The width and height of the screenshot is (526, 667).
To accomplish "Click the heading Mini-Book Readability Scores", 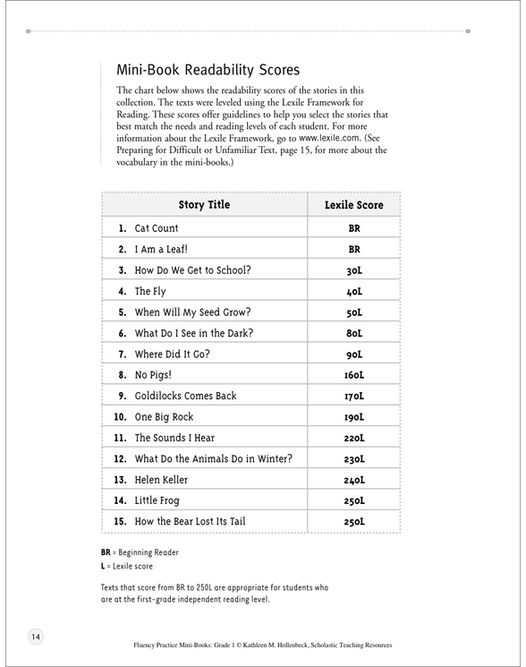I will pyautogui.click(x=208, y=70).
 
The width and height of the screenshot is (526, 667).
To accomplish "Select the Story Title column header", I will pyautogui.click(x=204, y=205).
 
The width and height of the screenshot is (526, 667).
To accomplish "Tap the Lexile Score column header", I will pyautogui.click(x=353, y=205).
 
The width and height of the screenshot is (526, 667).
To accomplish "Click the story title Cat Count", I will pyautogui.click(x=157, y=229).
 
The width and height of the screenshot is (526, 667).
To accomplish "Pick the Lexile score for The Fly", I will pyautogui.click(x=354, y=292).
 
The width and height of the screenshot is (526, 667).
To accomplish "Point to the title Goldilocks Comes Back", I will pyautogui.click(x=185, y=396).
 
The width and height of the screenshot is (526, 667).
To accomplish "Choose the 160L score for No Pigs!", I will pyautogui.click(x=354, y=376).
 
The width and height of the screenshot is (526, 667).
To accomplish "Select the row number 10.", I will pyautogui.click(x=119, y=417).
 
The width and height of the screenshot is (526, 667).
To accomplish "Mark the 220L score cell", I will pyautogui.click(x=354, y=439).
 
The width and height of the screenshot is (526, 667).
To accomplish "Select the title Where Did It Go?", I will pyautogui.click(x=172, y=355).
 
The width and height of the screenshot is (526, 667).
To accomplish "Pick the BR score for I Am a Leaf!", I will pyautogui.click(x=354, y=250).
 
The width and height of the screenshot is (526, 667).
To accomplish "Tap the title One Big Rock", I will pyautogui.click(x=164, y=417).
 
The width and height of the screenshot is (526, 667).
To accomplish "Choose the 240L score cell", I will pyautogui.click(x=354, y=480).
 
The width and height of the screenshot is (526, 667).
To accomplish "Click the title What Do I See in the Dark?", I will pyautogui.click(x=194, y=333).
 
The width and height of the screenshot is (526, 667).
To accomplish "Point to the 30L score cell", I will pyautogui.click(x=354, y=271).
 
